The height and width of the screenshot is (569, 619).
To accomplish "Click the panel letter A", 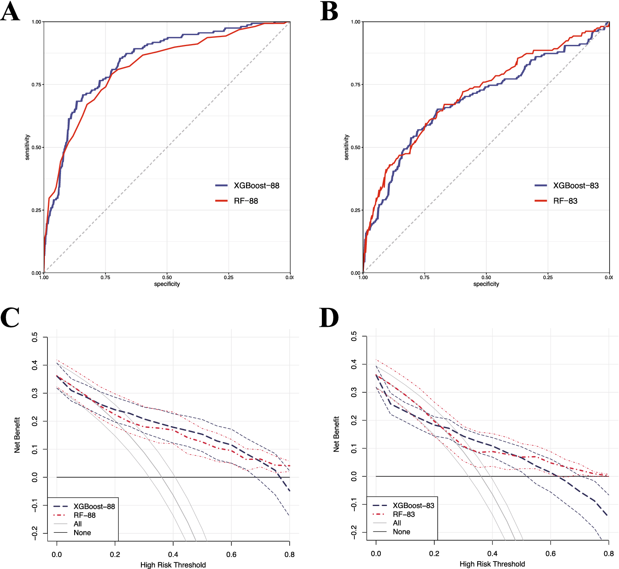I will (x=10, y=12).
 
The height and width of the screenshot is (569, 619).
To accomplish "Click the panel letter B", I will (x=329, y=12).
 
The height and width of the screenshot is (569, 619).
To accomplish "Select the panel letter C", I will (x=10, y=318).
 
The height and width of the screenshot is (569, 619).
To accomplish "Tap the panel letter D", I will (x=329, y=318).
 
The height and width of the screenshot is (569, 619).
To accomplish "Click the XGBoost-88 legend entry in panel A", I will (x=256, y=186).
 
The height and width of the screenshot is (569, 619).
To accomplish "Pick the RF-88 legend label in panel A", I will (x=246, y=201).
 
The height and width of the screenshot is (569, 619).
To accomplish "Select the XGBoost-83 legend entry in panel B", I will (x=576, y=186).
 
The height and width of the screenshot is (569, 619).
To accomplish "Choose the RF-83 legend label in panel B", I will (x=565, y=201).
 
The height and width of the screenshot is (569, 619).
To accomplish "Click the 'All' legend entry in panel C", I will (x=77, y=524).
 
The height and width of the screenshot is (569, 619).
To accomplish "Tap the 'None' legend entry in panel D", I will (x=401, y=532).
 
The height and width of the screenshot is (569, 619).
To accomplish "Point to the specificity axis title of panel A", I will (x=167, y=284).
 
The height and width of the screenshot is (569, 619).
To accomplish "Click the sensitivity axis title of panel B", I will (x=347, y=147).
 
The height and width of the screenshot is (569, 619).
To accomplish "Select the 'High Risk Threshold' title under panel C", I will (x=173, y=565).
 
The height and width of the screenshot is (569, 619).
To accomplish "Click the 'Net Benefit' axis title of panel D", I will (x=336, y=434).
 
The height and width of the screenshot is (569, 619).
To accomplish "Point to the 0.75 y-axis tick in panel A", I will (x=37, y=85).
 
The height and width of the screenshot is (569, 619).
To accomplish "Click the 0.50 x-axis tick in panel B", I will (x=486, y=278).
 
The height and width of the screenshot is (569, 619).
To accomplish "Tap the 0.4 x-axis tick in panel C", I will (x=173, y=555).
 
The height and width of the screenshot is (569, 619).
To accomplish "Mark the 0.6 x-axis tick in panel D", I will (x=551, y=554).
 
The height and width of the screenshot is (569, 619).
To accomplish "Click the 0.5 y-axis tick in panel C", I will (x=35, y=337).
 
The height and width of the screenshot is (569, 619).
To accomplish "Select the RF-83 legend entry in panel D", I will (x=403, y=514).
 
